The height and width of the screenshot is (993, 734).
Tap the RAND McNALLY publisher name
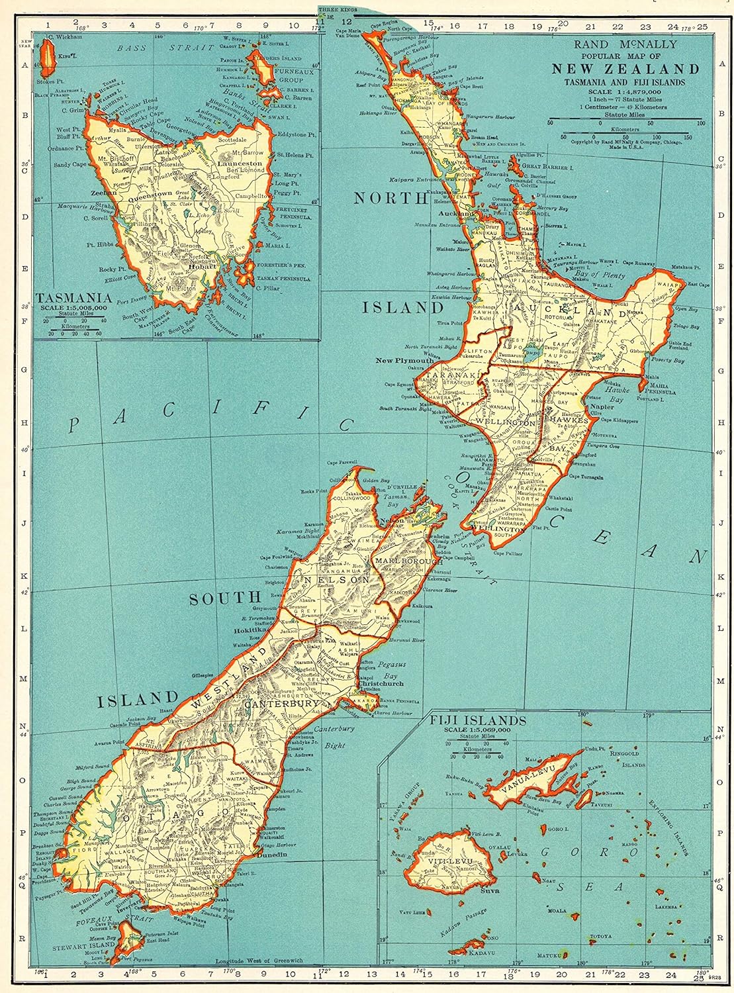[626, 45]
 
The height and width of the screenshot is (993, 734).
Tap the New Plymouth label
[404, 361]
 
